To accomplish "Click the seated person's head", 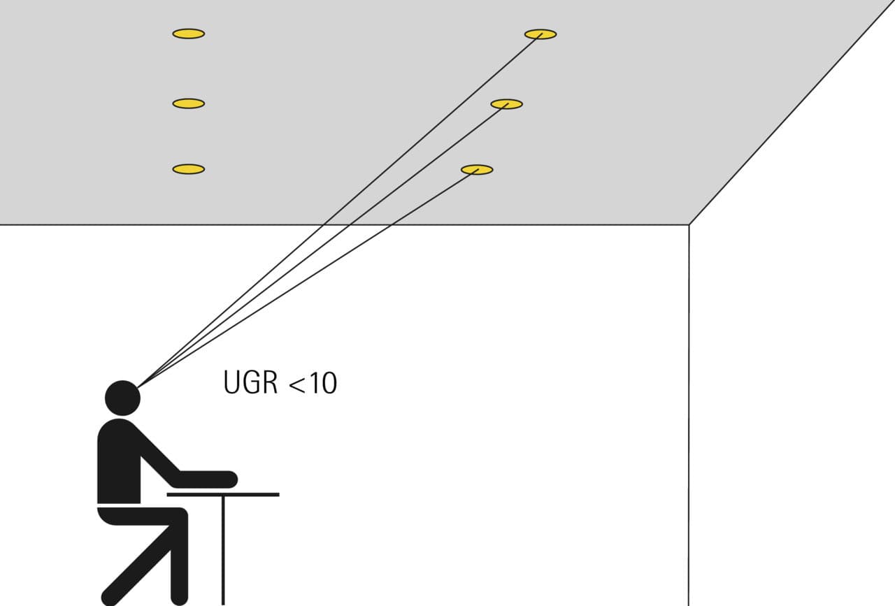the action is click(x=122, y=398).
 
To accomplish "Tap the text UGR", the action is click(x=250, y=383).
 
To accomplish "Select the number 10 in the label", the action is click(x=323, y=383).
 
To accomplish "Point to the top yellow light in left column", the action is click(x=189, y=34).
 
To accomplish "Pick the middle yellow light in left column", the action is click(x=189, y=103).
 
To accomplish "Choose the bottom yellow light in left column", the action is click(x=189, y=169).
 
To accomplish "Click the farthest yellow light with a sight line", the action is click(x=540, y=34).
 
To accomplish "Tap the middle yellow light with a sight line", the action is click(x=507, y=104).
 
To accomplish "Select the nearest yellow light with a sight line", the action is click(x=477, y=170).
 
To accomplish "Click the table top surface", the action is click(x=223, y=495).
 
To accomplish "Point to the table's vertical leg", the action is click(x=223, y=551).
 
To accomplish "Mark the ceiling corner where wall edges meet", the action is click(x=689, y=225).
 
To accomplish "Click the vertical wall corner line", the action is click(x=689, y=415).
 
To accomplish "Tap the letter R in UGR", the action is click(x=269, y=383).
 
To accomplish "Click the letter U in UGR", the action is click(x=231, y=383).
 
